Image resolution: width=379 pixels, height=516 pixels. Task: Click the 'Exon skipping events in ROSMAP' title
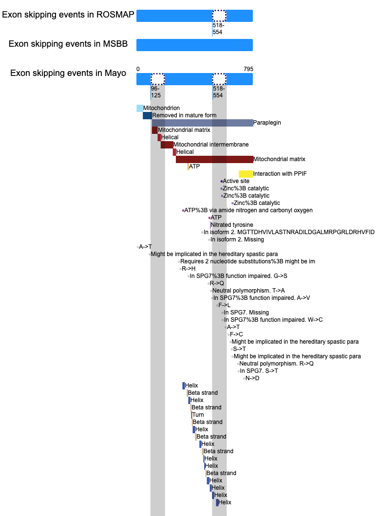pos(68,15)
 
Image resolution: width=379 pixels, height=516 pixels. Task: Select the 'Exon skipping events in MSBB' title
pos(68,44)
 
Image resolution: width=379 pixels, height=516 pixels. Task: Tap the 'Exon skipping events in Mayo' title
pos(68,73)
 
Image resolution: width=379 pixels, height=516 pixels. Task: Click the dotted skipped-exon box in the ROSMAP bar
pos(219,16)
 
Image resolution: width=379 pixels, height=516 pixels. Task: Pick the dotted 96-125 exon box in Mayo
pos(158,79)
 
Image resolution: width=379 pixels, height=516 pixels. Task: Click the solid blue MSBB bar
pos(194,45)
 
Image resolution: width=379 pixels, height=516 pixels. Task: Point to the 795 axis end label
pos(248,69)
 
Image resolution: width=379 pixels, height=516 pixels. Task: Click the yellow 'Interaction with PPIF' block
pos(246,174)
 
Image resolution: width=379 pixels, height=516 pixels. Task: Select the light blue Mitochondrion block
pos(140,108)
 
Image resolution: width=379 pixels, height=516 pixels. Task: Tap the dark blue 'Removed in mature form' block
pos(147,115)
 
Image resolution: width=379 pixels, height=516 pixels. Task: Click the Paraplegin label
pos(267,123)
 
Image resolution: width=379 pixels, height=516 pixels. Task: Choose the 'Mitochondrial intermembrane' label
pos(211,145)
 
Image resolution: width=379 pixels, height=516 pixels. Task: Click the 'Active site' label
pos(236,181)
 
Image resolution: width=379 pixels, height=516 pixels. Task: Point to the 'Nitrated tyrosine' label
pos(232,225)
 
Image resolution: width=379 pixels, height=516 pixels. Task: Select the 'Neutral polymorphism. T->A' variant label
pos(248,291)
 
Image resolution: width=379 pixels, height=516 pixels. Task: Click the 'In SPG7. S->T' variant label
pos(259,371)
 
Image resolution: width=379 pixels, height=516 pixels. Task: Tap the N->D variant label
pos(252,378)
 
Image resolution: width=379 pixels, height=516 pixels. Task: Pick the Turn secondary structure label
pos(198,415)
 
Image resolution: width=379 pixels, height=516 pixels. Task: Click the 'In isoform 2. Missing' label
pos(237,240)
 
